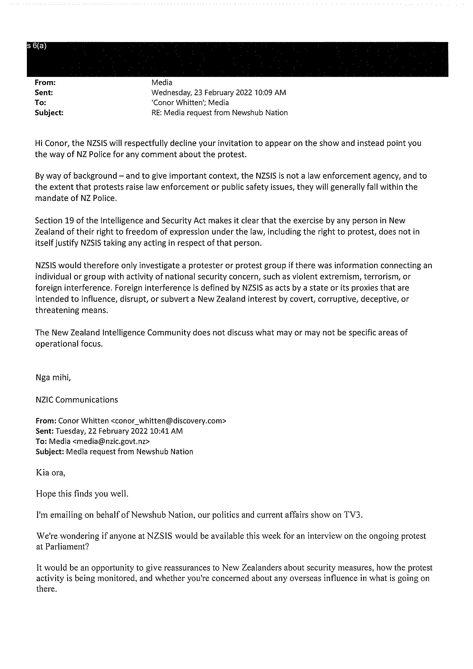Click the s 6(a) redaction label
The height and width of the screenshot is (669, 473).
point(37,46)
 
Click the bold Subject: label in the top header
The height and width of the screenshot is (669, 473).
point(49,113)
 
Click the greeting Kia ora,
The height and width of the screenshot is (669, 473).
point(51,473)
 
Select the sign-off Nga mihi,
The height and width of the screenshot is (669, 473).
point(53,378)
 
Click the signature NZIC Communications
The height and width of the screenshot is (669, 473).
point(77,400)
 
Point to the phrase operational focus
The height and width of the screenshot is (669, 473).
point(69,344)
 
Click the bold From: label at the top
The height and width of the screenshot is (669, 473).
point(45,82)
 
